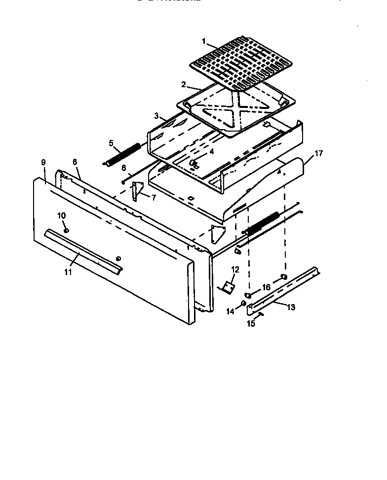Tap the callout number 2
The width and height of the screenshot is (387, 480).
(183, 85)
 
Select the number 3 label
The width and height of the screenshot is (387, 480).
(156, 116)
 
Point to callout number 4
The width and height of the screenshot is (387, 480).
(211, 152)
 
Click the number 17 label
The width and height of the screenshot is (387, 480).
(318, 153)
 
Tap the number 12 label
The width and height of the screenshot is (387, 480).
(234, 270)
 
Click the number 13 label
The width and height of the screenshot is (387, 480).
(291, 308)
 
